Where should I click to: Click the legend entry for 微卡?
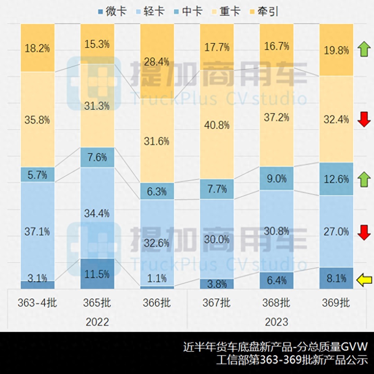coord(112,11)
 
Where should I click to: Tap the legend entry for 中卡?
coord(188,11)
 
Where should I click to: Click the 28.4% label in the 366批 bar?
coord(157,62)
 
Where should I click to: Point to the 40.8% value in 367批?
coord(217,125)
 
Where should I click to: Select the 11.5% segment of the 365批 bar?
coord(97,274)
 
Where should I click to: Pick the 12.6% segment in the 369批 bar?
coord(336,179)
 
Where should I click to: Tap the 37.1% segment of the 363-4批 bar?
coord(37,231)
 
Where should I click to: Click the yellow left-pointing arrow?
coord(364,280)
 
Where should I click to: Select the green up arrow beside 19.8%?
coord(364,49)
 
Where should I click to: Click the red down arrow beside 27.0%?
coord(364,232)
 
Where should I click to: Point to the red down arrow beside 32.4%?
coord(364,119)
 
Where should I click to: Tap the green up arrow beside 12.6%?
coord(364,179)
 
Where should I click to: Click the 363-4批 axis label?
coord(37,303)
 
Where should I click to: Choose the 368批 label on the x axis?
coord(276,303)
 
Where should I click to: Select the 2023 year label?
coord(276,322)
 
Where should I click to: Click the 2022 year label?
coord(97,322)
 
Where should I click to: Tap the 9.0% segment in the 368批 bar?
coord(276,179)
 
